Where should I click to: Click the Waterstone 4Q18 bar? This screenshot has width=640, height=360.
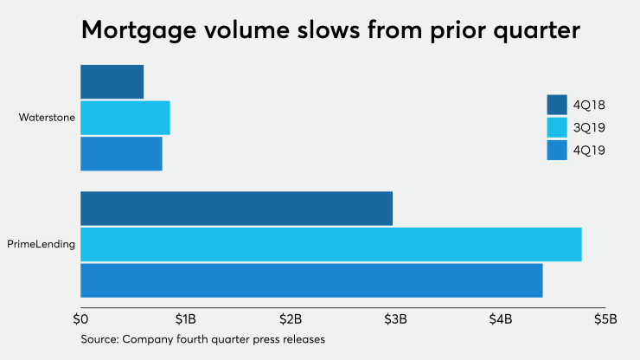pos(112,81)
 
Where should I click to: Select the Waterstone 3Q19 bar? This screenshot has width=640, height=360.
pos(125,118)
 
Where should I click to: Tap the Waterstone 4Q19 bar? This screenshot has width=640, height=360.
pos(121,153)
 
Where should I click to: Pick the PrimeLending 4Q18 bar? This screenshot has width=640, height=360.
pos(236,209)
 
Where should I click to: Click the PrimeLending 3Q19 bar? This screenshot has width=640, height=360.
pos(330,244)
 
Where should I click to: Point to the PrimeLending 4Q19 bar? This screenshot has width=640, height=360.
pos(311,280)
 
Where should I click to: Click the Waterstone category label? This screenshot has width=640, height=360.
pos(47,118)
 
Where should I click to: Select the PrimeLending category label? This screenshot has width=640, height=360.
pos(42,245)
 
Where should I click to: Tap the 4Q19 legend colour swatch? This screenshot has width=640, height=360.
pos(556,151)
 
